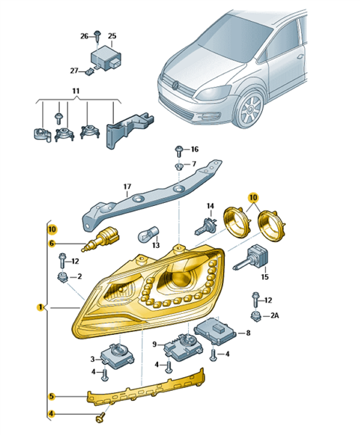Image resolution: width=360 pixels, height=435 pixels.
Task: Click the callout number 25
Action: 112,36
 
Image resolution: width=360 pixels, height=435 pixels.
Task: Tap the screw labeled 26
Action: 97,36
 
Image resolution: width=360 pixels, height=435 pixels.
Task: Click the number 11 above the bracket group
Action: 75,91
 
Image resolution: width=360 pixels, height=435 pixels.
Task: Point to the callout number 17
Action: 127,187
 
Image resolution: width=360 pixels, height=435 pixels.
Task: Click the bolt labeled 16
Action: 179,151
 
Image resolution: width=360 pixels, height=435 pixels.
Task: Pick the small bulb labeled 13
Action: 148,234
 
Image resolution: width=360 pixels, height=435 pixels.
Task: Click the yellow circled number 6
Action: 52,244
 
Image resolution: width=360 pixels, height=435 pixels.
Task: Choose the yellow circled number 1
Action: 41,307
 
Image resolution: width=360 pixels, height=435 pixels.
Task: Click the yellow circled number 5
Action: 52,397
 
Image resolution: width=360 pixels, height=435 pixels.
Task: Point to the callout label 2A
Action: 274,315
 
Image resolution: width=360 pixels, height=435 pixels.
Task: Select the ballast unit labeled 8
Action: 216,331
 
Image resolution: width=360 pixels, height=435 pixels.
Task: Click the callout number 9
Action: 155,344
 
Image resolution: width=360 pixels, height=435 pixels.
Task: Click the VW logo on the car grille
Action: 176,84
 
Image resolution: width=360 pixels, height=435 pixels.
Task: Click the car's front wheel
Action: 250,109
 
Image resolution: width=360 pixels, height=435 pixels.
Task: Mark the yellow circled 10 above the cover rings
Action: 253,198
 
